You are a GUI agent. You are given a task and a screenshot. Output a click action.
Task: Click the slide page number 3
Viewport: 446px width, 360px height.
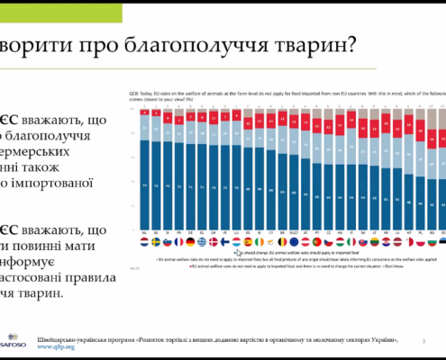(x=423, y=337)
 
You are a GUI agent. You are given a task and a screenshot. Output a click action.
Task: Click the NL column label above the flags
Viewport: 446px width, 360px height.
(x=132, y=231)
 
